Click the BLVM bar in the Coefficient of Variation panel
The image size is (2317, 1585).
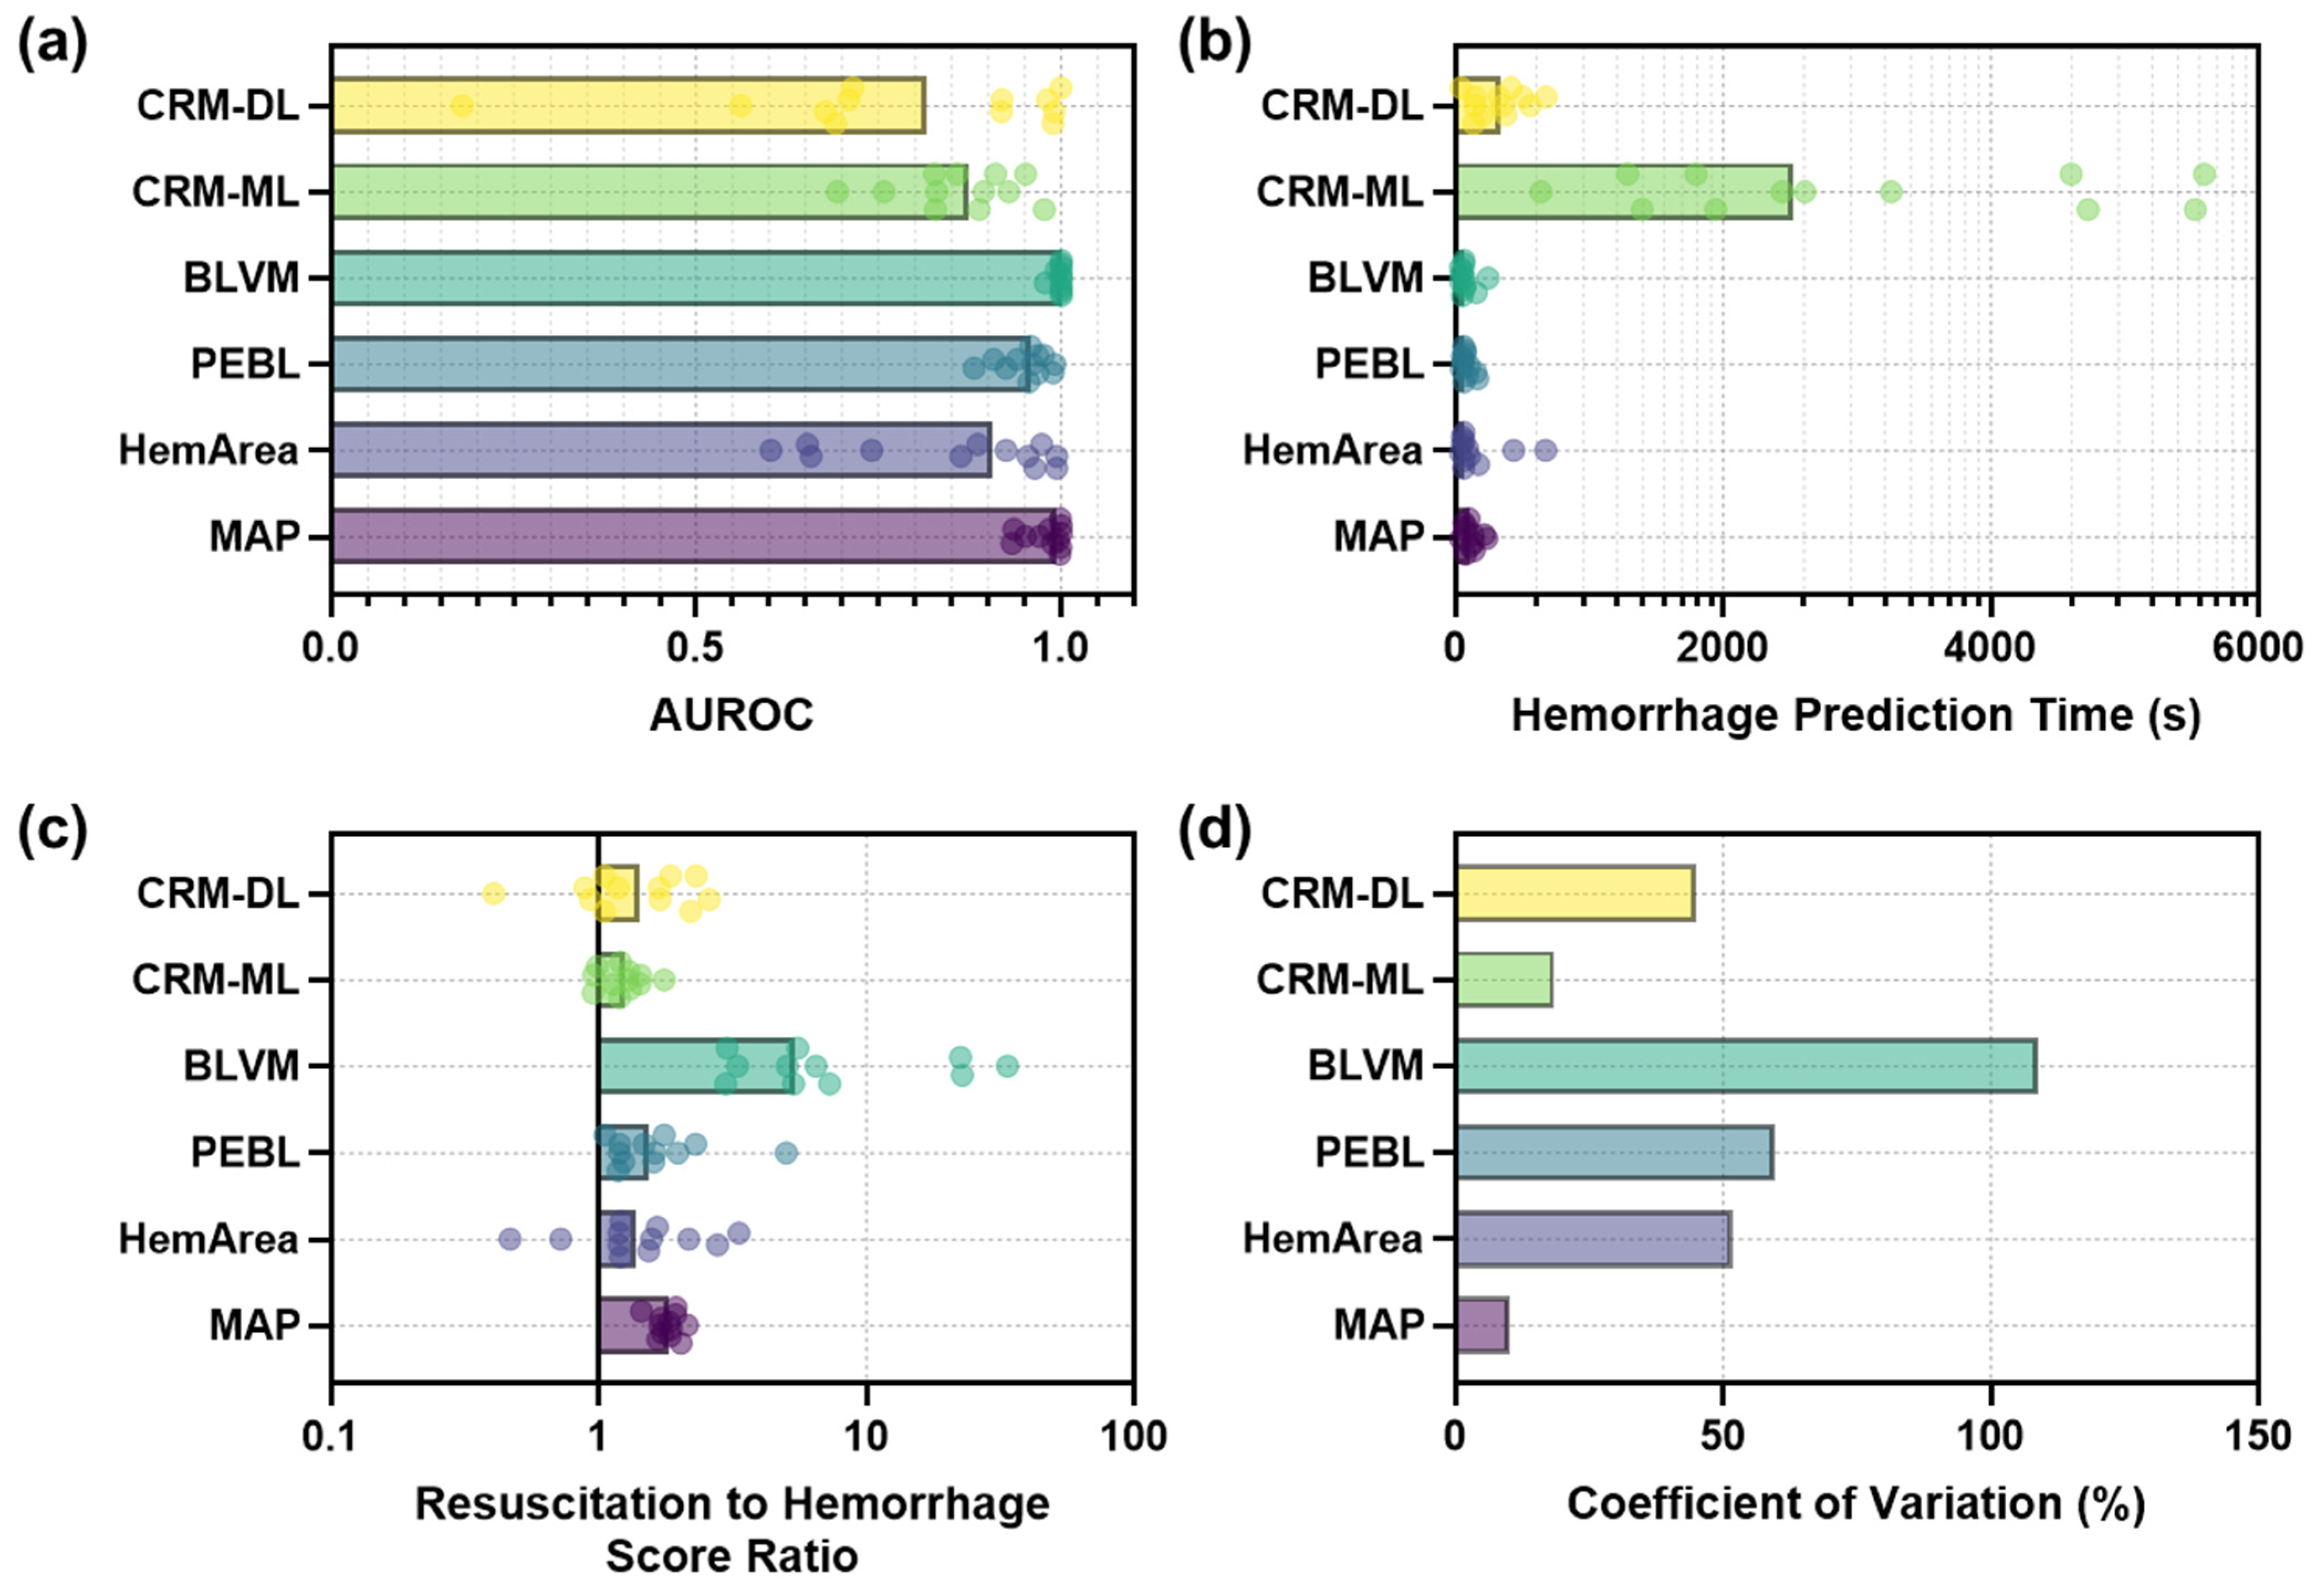tap(1745, 1066)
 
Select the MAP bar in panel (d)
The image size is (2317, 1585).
tap(1482, 1325)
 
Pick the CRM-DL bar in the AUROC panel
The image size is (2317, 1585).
tap(628, 104)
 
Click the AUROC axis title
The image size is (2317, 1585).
tap(731, 715)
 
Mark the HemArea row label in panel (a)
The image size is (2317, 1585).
tap(208, 451)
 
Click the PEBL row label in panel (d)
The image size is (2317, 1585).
tap(1369, 1152)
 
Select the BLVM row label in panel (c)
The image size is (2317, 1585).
tap(241, 1066)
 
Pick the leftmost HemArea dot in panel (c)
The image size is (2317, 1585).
tap(510, 1239)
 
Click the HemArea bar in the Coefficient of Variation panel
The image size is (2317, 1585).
tap(1592, 1239)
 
